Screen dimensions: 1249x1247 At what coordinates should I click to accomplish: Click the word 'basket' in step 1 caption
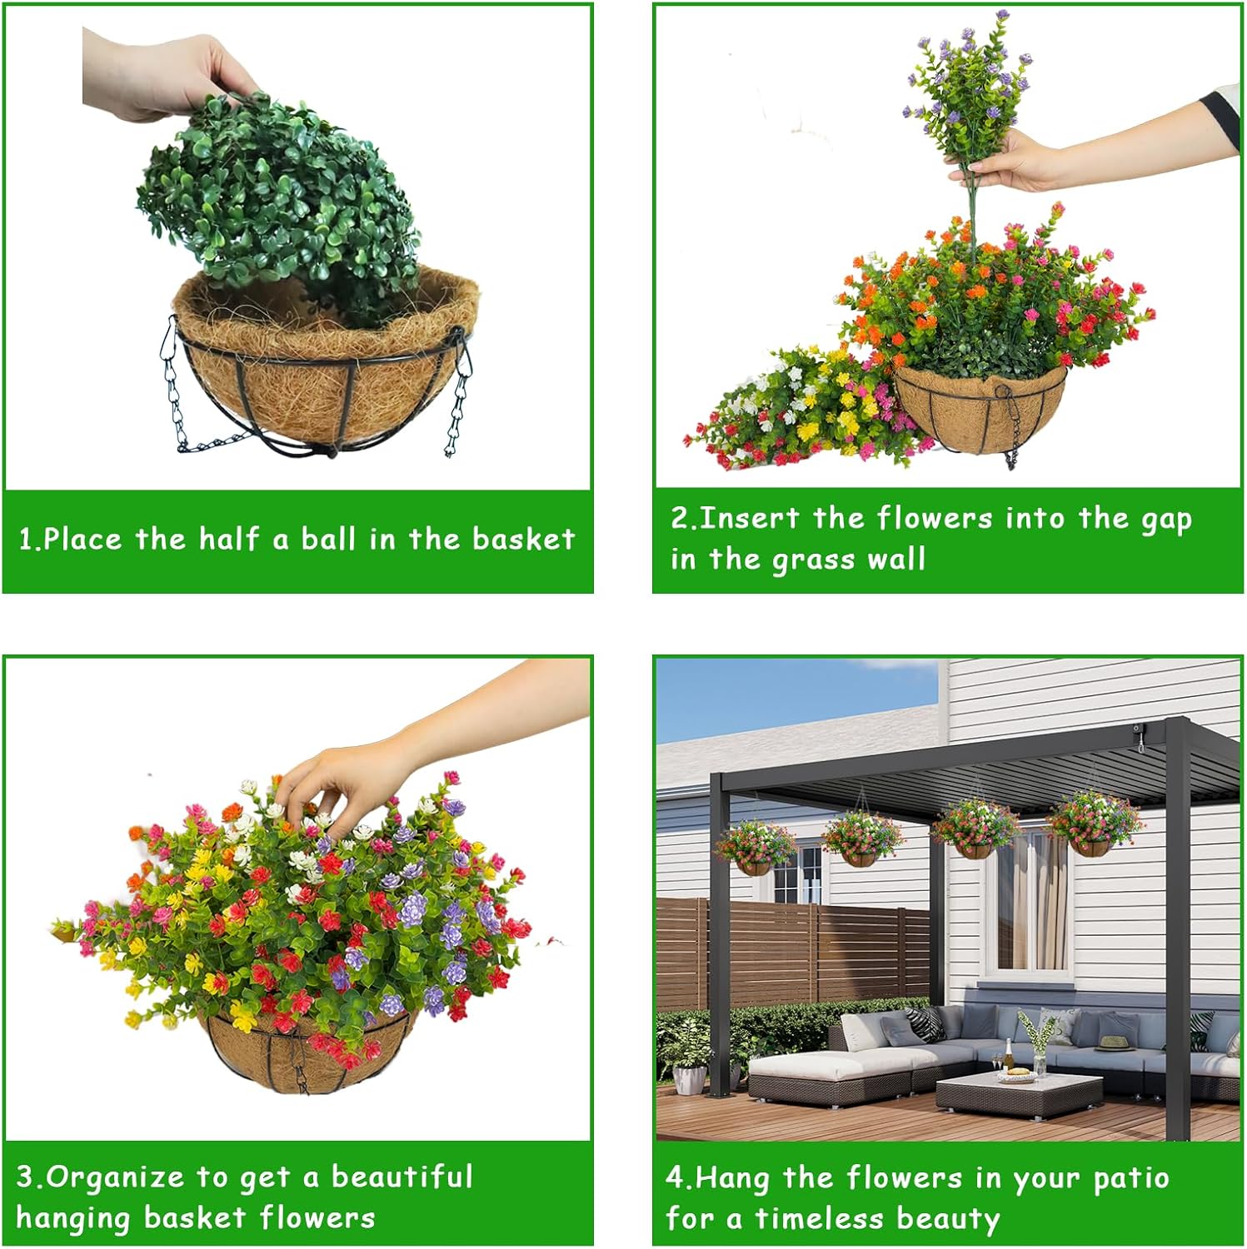(523, 540)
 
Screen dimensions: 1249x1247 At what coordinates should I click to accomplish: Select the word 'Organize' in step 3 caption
(115, 1177)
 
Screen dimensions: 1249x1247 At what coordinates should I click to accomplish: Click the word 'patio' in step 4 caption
(1130, 1178)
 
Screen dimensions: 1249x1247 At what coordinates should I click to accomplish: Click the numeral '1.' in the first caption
(29, 540)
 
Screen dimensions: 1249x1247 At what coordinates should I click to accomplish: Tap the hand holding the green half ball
(167, 75)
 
